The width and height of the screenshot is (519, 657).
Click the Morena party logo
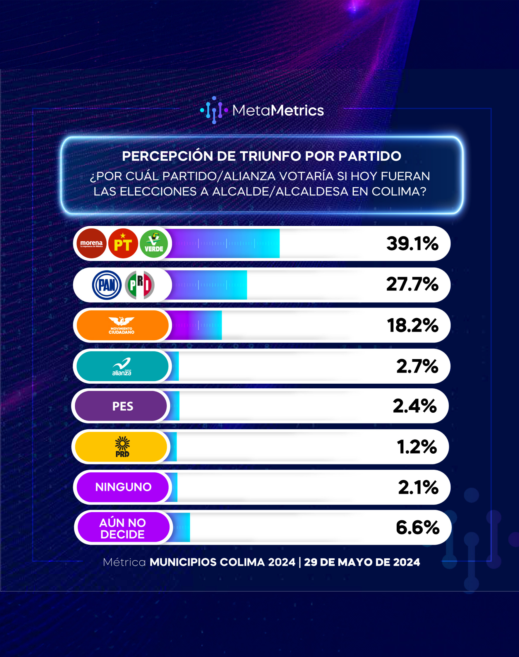(x=91, y=243)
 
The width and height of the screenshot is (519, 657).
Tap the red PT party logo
(x=123, y=243)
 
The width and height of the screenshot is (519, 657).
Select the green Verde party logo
(x=154, y=243)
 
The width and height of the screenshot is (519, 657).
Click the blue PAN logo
(x=107, y=285)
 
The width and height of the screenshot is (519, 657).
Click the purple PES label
(x=121, y=406)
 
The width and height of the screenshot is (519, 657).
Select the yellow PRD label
(x=121, y=447)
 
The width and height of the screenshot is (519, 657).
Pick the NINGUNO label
(x=122, y=487)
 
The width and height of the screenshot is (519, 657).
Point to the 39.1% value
(x=412, y=243)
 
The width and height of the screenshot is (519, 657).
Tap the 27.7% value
(x=412, y=284)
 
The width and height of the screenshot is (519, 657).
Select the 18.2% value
(x=413, y=325)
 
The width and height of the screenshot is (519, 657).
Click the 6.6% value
(x=417, y=527)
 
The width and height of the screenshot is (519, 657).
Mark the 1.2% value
(x=417, y=447)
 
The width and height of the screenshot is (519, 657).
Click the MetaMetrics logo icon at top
(x=214, y=110)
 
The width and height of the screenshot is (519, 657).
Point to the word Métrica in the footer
(x=124, y=562)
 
